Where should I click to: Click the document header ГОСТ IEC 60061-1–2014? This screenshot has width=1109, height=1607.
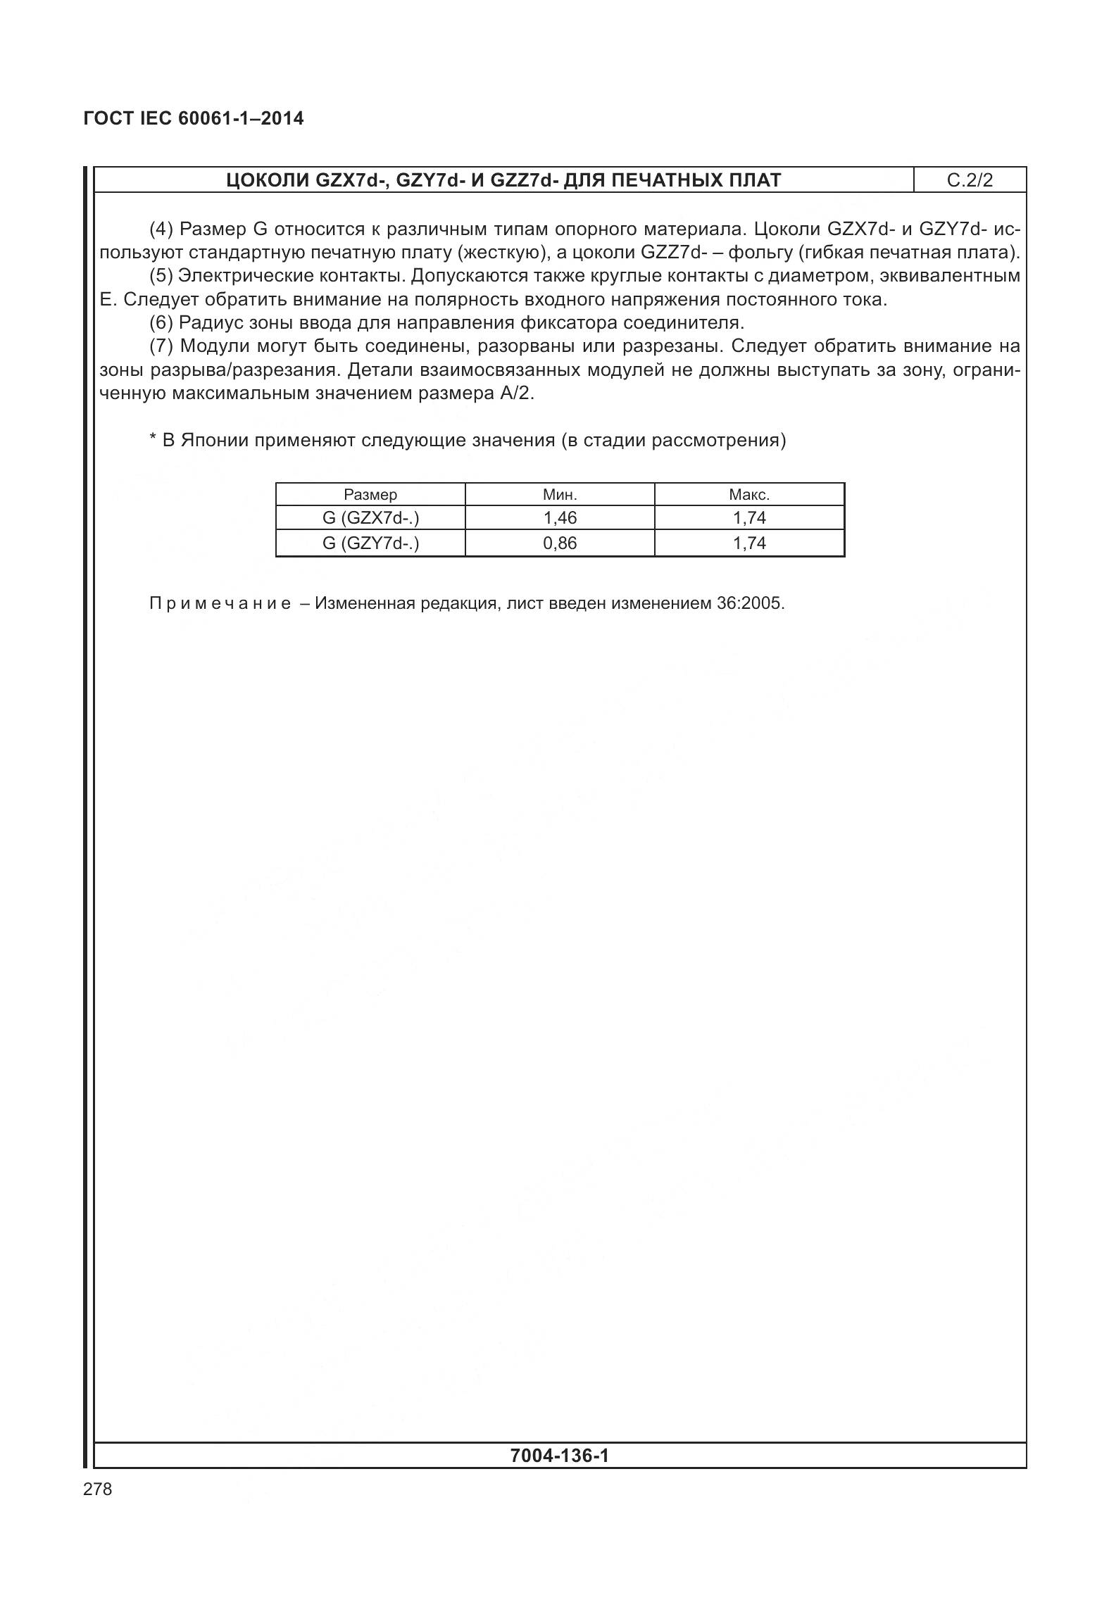[194, 118]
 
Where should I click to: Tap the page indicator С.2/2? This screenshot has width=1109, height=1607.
[970, 180]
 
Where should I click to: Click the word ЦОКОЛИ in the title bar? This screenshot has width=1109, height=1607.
[268, 180]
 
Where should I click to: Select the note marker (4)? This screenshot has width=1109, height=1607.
[162, 229]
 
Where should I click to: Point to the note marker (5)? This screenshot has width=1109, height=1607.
[161, 276]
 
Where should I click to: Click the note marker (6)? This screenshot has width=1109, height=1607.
[161, 323]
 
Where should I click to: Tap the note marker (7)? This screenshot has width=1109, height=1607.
[162, 346]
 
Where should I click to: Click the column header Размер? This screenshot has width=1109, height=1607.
[370, 494]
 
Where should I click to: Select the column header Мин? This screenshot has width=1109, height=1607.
[560, 494]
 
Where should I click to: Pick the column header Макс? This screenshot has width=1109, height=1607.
[749, 494]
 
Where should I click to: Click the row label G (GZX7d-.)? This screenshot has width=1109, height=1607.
[370, 518]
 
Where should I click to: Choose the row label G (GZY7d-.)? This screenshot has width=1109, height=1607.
[370, 543]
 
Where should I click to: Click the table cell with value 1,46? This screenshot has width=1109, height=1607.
[560, 518]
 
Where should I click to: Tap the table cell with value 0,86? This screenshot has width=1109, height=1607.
[560, 543]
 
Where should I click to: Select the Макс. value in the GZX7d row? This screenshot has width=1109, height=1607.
[749, 518]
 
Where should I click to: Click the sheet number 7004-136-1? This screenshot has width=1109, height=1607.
[560, 1455]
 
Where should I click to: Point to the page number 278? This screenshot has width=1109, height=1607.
[97, 1489]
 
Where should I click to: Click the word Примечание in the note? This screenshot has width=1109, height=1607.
[220, 604]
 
